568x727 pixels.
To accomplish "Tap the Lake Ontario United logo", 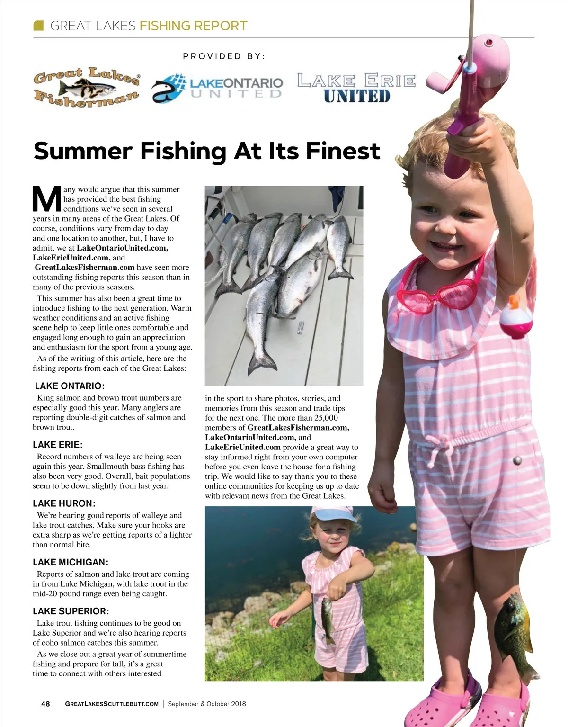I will tap(217, 88).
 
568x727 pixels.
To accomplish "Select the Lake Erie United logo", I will tap(356, 88).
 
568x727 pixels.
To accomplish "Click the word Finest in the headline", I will tap(343, 151).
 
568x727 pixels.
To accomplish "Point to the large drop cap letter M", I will tap(46, 199).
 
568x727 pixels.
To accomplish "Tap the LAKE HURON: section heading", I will tap(64, 503).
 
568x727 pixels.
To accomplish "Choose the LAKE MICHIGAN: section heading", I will tap(71, 562).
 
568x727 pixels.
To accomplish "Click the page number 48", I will tap(45, 704).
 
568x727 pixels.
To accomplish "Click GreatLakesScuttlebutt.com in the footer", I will tap(112, 704).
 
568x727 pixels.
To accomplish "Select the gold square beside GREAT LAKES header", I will tap(39, 26).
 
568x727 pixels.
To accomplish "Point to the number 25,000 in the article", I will tap(326, 418).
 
